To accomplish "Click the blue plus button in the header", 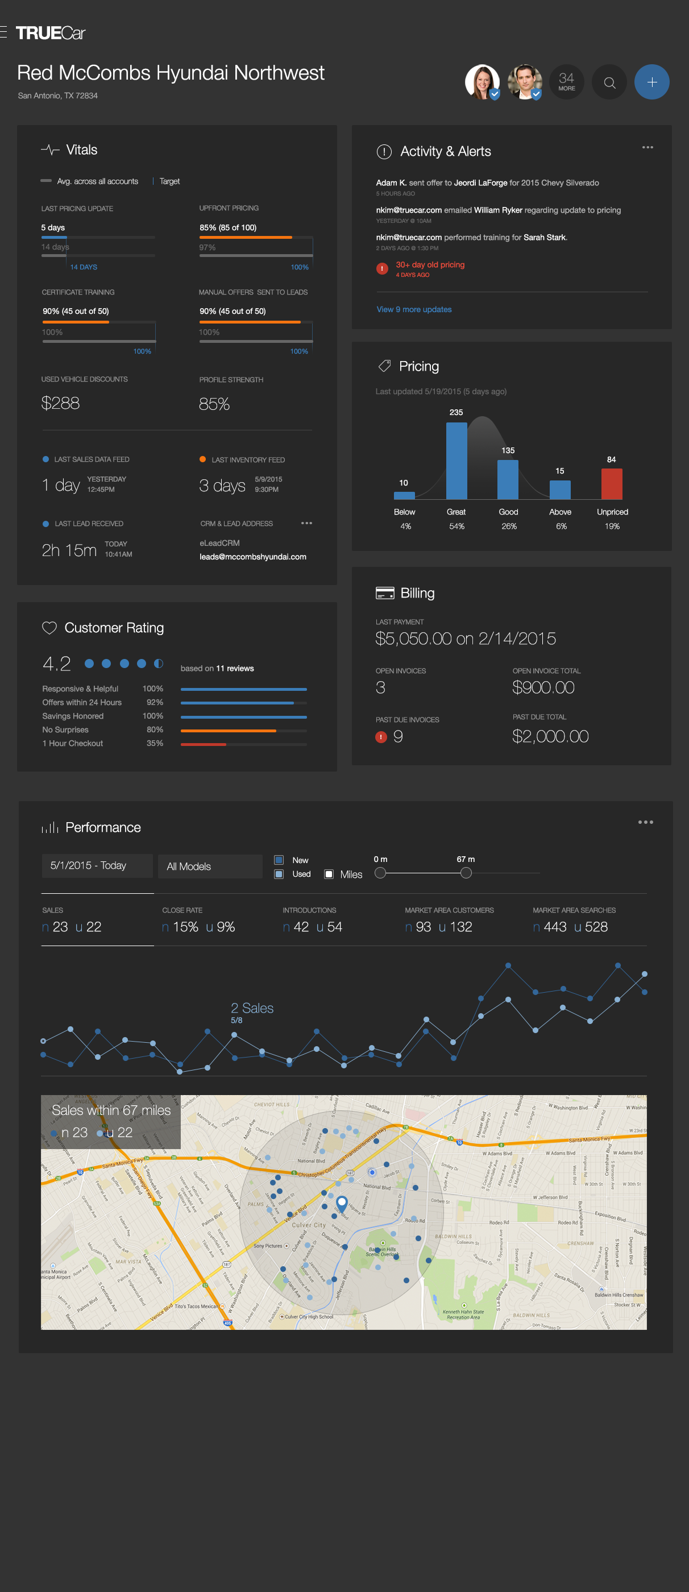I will (x=651, y=82).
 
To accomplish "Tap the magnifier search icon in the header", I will (x=609, y=82).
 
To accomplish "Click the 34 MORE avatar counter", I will (x=566, y=82).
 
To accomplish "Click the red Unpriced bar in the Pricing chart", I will (x=611, y=483).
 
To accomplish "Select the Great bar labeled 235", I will (x=456, y=461).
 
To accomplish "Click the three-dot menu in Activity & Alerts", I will (x=647, y=147).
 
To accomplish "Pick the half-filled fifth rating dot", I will (x=159, y=663).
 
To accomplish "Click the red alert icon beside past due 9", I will (x=381, y=737).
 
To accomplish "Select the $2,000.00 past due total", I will (x=550, y=736).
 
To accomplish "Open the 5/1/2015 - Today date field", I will (x=97, y=865).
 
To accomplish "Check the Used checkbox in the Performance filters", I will (x=279, y=873).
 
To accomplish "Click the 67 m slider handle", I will (x=466, y=873).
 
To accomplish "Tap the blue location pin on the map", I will (x=342, y=1202).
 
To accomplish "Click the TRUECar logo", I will (x=50, y=33).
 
